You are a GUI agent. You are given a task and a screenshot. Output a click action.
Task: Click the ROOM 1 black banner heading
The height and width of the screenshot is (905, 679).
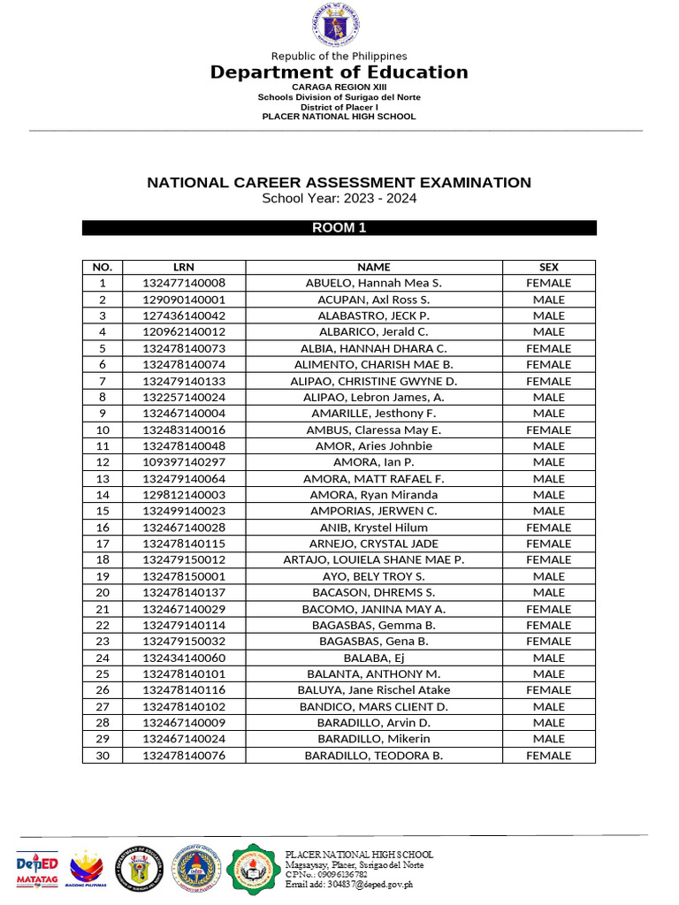click(339, 228)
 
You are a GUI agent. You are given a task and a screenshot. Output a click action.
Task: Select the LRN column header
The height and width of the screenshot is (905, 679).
click(184, 267)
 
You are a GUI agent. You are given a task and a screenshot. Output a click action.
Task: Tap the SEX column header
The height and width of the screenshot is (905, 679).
click(548, 267)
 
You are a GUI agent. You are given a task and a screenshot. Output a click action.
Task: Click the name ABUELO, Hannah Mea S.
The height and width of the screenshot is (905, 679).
click(373, 283)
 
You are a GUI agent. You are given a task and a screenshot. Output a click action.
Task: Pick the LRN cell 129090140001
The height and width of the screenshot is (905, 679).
click(184, 300)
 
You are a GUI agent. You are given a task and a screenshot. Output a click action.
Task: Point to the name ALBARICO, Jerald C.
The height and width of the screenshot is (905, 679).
click(373, 332)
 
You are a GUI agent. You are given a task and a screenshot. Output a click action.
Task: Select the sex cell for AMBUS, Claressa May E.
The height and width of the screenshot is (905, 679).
click(548, 430)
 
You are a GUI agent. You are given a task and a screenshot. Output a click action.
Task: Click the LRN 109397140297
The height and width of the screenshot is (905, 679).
click(184, 462)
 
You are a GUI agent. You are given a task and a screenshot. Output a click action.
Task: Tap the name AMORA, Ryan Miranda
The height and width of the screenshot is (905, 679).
click(373, 495)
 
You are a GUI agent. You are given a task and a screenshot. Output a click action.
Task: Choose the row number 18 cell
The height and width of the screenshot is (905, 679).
click(103, 559)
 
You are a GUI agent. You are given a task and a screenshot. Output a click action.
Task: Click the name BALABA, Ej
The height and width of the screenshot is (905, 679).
click(373, 658)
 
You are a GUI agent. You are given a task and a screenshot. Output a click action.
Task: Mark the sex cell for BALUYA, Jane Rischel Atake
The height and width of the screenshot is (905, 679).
click(548, 689)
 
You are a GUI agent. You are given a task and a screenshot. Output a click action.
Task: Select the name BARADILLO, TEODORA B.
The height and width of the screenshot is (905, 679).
click(373, 756)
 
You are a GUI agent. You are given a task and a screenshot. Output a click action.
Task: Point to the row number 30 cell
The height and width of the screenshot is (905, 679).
click(103, 756)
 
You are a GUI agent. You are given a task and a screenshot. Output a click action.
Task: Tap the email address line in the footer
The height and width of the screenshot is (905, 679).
click(348, 884)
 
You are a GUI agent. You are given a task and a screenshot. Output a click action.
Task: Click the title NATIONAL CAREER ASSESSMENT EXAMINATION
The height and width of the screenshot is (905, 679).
click(339, 183)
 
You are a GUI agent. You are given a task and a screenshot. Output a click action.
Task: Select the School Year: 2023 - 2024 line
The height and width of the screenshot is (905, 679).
click(339, 199)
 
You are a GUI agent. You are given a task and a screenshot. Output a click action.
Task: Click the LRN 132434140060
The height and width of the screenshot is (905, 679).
click(184, 658)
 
